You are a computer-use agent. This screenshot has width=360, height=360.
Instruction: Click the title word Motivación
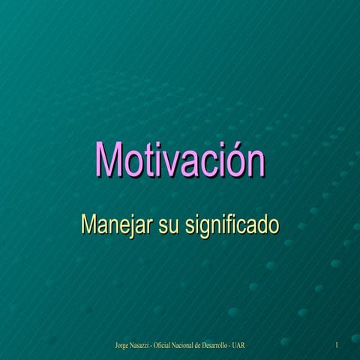coord(180,160)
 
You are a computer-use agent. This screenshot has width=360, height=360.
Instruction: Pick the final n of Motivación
coord(254,163)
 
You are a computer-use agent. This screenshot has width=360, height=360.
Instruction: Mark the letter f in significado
coord(226,223)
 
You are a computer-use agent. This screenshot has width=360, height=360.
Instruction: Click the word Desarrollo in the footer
coord(244,345)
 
